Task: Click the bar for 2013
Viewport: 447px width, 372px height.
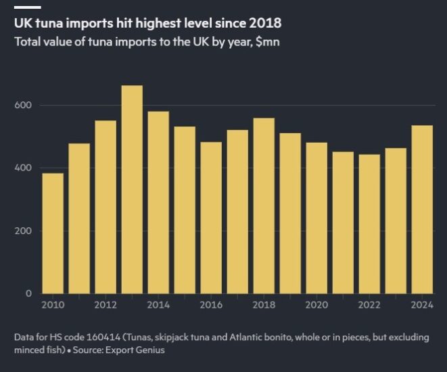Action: tap(132, 189)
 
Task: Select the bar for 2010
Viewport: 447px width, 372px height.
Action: tap(53, 233)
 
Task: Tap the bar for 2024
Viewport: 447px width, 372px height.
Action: tap(422, 209)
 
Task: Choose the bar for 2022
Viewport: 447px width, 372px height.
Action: tap(369, 224)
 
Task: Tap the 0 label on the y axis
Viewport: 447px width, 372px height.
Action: tap(28, 293)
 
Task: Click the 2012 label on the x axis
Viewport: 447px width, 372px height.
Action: tap(105, 305)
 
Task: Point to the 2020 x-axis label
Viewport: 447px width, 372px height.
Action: tap(316, 305)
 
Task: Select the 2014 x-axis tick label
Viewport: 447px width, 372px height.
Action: tap(158, 305)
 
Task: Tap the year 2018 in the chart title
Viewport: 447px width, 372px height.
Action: tap(264, 23)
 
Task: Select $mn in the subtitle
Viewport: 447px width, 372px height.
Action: tap(266, 42)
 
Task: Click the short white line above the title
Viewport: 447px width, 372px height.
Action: tap(27, 7)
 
